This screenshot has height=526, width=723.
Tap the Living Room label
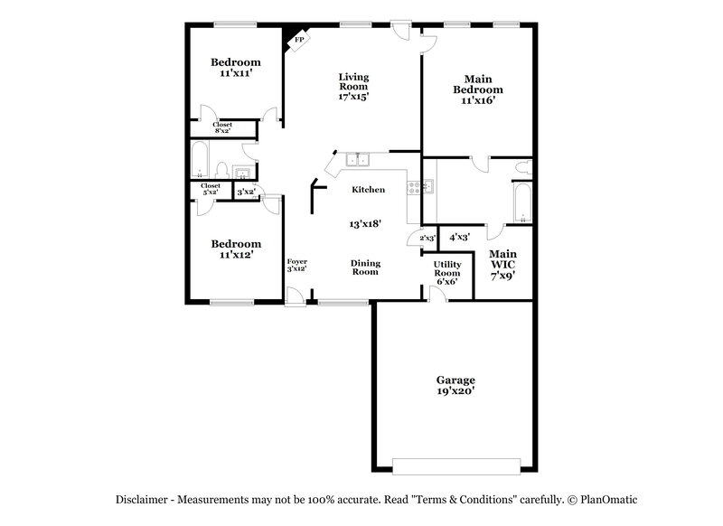point(353,86)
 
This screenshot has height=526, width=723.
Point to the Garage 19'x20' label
point(455,386)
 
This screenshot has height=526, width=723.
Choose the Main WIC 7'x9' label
point(502,265)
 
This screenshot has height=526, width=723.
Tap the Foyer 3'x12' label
point(296,265)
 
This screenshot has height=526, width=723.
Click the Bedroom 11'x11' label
point(236,67)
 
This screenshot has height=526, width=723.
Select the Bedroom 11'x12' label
point(236,249)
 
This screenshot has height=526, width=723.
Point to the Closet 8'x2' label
point(222,128)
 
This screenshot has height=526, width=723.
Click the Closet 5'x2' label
point(210,189)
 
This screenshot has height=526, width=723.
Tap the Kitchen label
point(369,190)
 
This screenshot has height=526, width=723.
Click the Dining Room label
point(364,267)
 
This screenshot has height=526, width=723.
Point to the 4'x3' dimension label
point(460,237)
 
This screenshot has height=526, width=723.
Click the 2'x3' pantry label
point(427,238)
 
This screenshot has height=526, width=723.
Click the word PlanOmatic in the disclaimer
point(609,499)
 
